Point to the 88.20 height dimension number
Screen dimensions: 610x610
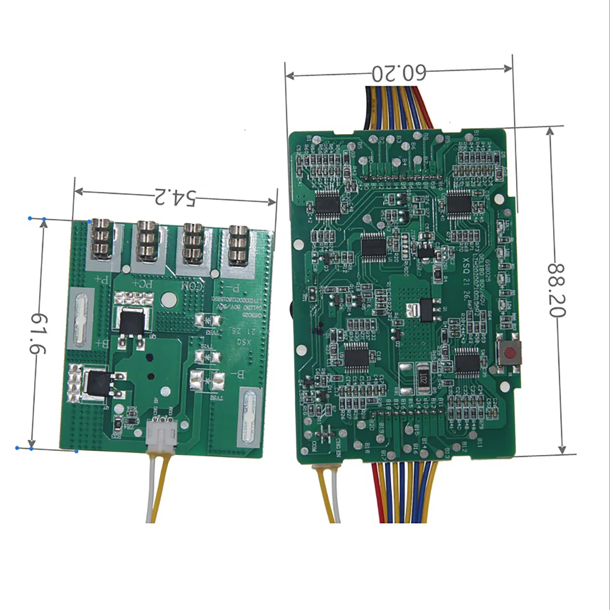(556, 290)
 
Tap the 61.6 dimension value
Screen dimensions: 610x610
(39, 333)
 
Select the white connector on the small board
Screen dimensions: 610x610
(161, 434)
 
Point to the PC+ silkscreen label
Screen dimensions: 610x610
(142, 283)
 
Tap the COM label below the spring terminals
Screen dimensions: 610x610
(191, 286)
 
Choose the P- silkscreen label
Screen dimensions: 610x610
(233, 289)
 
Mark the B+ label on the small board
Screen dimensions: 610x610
(101, 344)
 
